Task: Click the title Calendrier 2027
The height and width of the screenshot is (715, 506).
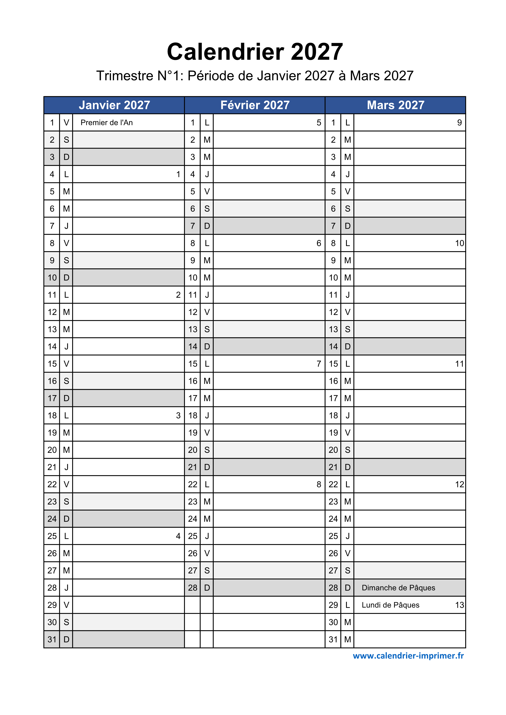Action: (x=255, y=52)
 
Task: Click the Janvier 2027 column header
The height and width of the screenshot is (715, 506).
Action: (x=114, y=105)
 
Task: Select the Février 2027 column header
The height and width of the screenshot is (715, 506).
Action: (x=255, y=105)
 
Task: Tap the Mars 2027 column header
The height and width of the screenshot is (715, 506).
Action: (x=395, y=105)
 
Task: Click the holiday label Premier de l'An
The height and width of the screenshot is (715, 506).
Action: (x=107, y=123)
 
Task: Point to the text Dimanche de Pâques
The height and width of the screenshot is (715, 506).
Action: (x=398, y=588)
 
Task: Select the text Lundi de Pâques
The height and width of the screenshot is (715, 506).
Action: (x=390, y=605)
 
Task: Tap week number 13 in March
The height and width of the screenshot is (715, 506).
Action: (x=459, y=605)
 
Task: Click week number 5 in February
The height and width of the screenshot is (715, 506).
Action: (x=319, y=123)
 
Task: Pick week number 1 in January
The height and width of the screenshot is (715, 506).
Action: (x=178, y=174)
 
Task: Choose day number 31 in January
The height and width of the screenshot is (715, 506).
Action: (x=52, y=639)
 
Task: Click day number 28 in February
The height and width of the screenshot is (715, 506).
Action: (x=193, y=588)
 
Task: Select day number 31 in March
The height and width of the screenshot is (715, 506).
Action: (x=333, y=639)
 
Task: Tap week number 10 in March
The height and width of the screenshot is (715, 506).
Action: (x=459, y=243)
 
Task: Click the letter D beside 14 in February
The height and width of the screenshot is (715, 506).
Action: (x=207, y=347)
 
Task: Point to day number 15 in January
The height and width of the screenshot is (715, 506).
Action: (x=52, y=364)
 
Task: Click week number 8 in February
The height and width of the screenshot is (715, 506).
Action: (x=319, y=484)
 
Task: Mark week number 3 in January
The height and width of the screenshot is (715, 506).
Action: (x=178, y=416)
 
